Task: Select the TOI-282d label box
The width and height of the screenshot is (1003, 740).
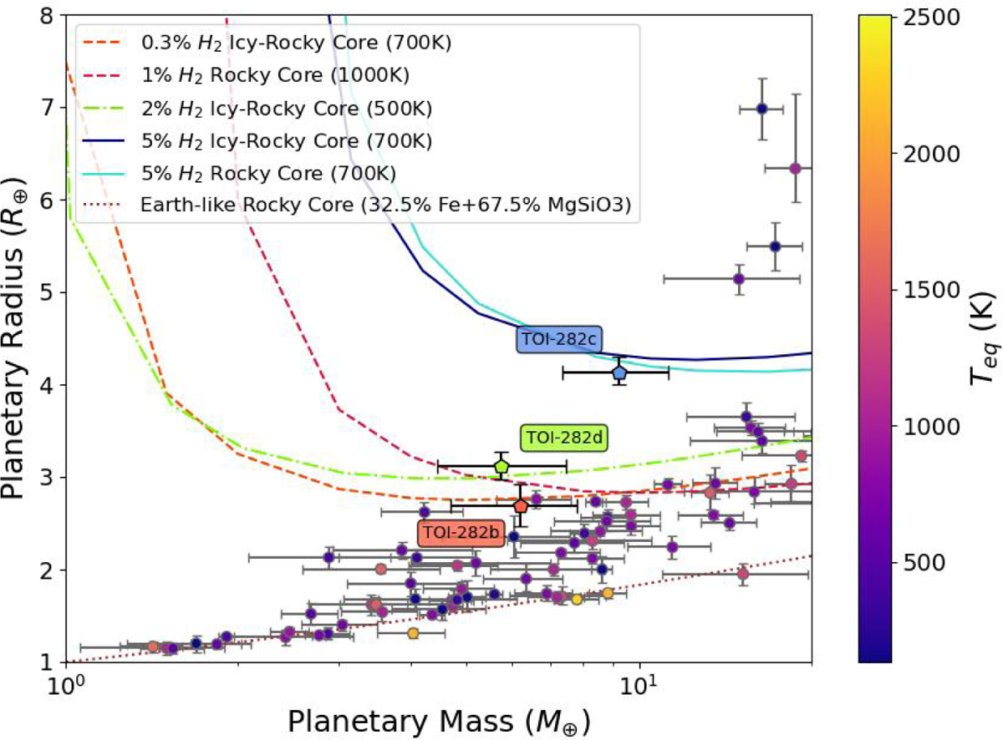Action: [x=564, y=438]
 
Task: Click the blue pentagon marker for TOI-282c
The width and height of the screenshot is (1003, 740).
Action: [x=619, y=373]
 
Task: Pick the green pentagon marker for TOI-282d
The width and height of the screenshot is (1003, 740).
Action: [x=501, y=466]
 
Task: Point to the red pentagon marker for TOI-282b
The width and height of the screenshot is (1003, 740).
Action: [x=521, y=506]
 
